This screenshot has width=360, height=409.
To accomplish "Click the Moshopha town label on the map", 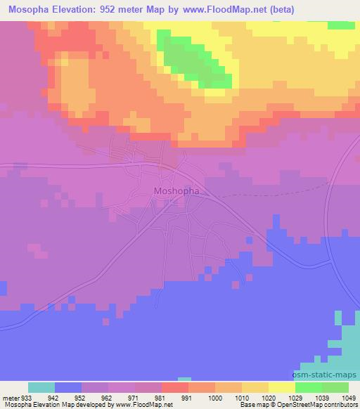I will coord(176,190).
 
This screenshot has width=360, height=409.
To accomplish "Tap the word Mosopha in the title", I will coord(29,9).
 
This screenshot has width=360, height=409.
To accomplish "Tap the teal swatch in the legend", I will coord(41,387).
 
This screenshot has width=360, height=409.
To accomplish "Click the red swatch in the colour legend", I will coord(175,387).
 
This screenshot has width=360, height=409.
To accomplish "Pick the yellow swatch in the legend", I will coord(282,387).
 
